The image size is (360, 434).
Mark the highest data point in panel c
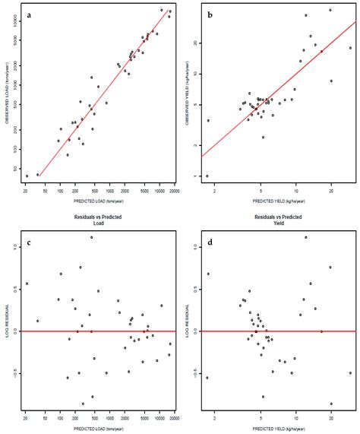point(91,237)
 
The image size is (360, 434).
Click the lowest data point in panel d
point(331,404)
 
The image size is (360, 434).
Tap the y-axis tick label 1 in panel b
point(195,176)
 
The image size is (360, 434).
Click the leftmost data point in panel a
point(27,176)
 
